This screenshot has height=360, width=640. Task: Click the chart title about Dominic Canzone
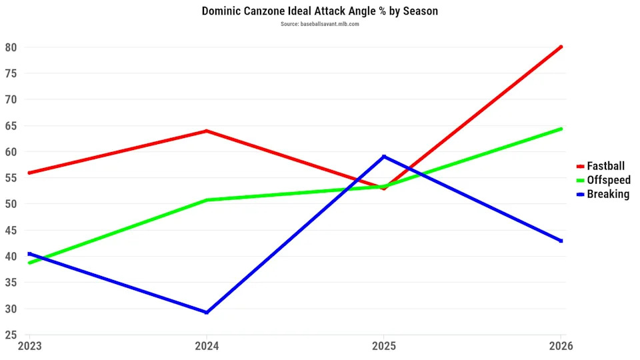coord(320,11)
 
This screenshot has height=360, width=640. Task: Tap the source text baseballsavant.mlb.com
coord(320,24)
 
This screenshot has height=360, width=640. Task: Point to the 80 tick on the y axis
coord(11,47)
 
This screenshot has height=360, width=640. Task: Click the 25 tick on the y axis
coord(11,335)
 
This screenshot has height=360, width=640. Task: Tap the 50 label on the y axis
coord(11,204)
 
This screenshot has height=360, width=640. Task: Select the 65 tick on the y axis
coord(11,125)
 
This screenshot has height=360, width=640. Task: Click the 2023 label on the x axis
coord(29,347)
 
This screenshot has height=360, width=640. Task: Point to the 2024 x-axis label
coord(206,347)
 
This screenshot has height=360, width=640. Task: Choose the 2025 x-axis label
coord(383,347)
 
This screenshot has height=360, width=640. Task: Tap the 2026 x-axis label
coord(561,347)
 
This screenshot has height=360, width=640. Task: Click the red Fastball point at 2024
coord(207,131)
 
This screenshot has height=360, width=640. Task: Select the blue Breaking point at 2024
coord(207,313)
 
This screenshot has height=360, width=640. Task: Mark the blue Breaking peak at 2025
coord(383,157)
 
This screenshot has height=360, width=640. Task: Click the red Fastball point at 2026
coord(561,47)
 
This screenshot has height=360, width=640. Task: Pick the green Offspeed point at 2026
coord(561,129)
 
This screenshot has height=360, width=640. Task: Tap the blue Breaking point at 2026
coord(561,241)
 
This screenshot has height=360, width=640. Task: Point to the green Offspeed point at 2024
coord(207,200)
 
